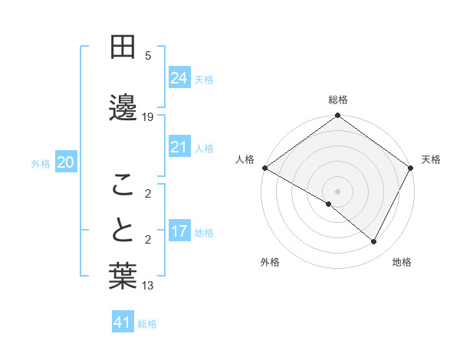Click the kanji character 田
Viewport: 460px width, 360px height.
point(123,47)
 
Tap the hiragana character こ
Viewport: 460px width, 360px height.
point(123,184)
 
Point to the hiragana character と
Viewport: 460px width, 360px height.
point(123,230)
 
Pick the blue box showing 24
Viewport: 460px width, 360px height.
point(179,78)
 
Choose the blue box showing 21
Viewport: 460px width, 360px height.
point(179,147)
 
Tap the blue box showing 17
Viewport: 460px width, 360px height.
point(179,231)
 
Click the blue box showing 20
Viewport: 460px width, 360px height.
point(66,162)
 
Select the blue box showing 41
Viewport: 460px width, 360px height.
point(123,322)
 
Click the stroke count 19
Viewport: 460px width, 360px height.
point(148,117)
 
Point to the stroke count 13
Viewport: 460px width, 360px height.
point(148,286)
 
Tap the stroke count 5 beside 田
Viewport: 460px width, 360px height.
point(149,55)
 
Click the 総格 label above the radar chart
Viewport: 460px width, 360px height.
point(337,100)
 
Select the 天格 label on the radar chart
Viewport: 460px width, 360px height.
point(431,159)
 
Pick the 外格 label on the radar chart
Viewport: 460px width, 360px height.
point(270,262)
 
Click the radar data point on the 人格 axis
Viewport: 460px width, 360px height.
point(264,168)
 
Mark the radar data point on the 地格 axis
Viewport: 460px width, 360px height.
point(374,242)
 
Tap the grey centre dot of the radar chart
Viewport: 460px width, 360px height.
point(337,191)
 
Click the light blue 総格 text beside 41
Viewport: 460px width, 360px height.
point(147,324)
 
